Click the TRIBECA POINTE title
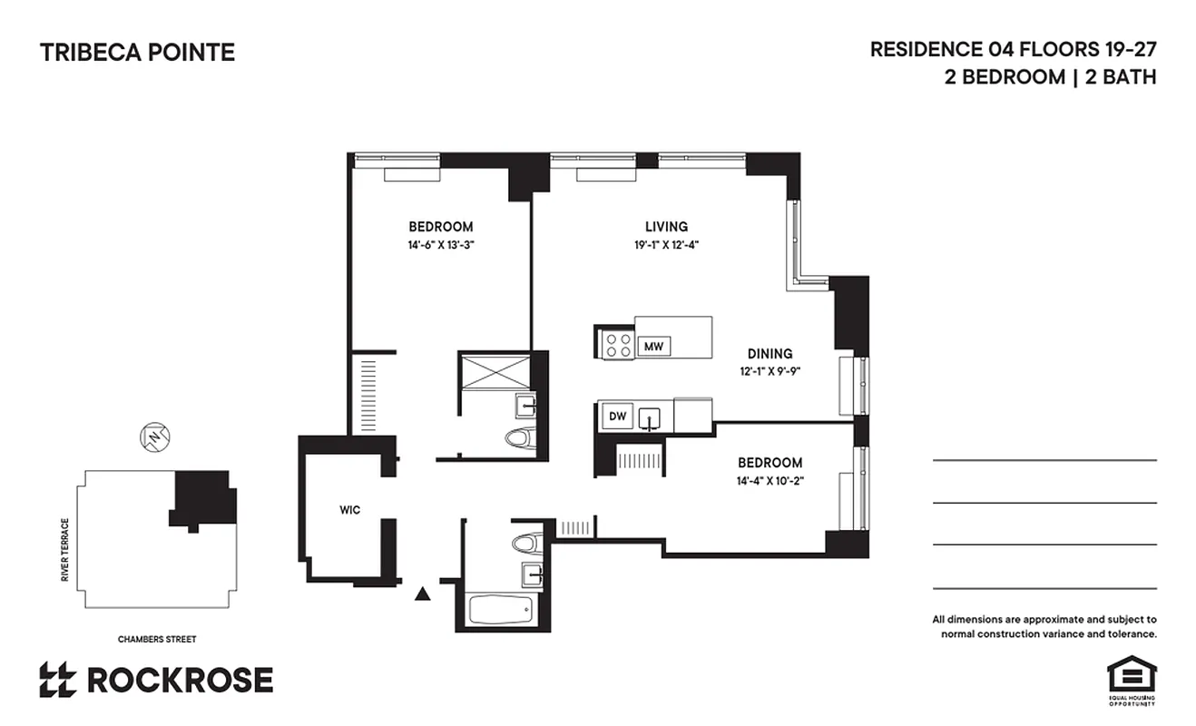click(x=137, y=53)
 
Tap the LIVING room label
click(x=666, y=227)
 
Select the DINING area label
click(x=770, y=354)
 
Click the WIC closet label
click(x=350, y=510)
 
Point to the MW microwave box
click(x=652, y=346)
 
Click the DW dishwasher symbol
click(x=617, y=417)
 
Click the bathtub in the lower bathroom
click(x=504, y=610)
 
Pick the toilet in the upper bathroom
click(x=517, y=438)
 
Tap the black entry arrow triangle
click(x=422, y=594)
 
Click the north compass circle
click(x=155, y=438)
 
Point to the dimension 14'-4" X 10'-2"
click(x=770, y=480)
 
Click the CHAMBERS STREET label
click(x=157, y=640)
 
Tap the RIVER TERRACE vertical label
click(x=65, y=551)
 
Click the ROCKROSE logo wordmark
click(x=179, y=680)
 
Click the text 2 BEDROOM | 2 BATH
click(x=1050, y=77)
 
